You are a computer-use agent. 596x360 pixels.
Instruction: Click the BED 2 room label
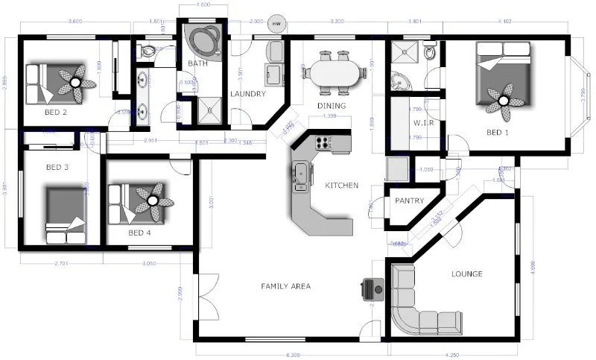[x=56, y=113]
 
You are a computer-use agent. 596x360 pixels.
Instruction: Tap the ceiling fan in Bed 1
[x=504, y=100]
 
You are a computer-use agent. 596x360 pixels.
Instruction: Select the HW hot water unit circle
[x=277, y=24]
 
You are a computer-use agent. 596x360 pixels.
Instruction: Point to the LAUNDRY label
[x=248, y=94]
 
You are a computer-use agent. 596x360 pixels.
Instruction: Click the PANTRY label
[x=409, y=200]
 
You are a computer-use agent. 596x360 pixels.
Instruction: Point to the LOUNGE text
[x=467, y=274]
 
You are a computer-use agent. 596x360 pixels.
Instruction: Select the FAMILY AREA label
[x=285, y=285]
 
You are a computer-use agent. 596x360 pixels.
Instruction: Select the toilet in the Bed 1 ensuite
[x=430, y=52]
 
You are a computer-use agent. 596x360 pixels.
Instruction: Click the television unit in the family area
[x=372, y=286]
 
